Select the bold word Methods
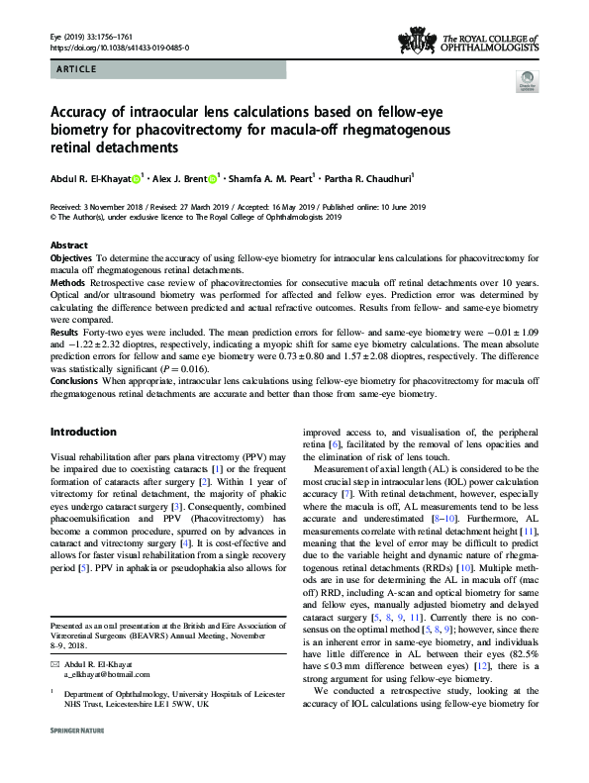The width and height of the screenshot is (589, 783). [x=67, y=282]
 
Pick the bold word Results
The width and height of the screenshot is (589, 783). [x=65, y=333]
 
